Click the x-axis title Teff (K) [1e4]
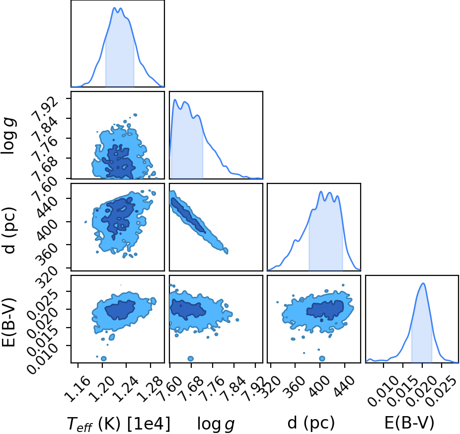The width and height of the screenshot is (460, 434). [119, 424]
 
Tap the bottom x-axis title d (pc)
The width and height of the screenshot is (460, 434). [311, 423]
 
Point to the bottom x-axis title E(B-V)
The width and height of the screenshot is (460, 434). [409, 423]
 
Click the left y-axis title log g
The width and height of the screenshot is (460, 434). [9, 136]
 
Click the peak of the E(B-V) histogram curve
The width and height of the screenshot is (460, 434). [423, 283]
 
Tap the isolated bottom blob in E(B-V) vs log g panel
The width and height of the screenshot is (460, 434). [191, 358]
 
